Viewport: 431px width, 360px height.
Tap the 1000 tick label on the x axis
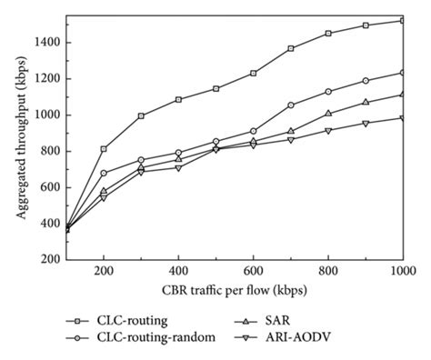(403, 272)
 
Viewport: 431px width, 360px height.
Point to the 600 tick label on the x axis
(253, 272)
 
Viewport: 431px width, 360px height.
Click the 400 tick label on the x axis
(178, 272)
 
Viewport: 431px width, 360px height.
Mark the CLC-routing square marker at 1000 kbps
(403, 20)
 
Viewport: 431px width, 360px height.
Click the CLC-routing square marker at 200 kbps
(104, 149)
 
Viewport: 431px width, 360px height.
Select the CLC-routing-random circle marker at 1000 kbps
(403, 73)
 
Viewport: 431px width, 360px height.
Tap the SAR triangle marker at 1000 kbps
(403, 94)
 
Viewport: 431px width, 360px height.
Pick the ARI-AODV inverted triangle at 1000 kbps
(403, 118)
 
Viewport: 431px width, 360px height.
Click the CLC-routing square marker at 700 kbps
(291, 48)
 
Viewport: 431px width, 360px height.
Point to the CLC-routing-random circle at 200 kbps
(104, 173)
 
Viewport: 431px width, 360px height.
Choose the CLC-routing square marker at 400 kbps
(178, 99)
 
